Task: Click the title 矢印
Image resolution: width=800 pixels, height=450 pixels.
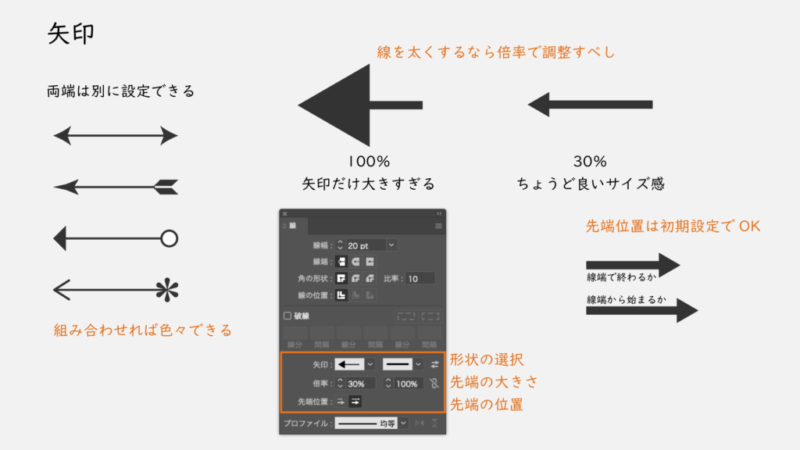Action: pos(71,34)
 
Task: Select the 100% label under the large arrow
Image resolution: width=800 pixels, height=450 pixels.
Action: pos(369,162)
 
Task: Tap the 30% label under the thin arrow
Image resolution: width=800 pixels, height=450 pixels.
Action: pos(590,162)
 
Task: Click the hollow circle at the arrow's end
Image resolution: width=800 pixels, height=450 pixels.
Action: pos(169,238)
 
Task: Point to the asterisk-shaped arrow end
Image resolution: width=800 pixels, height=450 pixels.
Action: pos(167,291)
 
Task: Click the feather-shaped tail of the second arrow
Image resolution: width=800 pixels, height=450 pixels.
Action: pos(166,187)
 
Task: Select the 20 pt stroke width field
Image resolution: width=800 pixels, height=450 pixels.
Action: pos(366,245)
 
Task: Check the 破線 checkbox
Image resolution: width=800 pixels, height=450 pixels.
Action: pos(287,316)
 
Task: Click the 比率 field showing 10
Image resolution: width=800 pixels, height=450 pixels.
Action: pos(420,279)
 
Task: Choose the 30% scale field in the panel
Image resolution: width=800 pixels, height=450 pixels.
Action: pos(360,384)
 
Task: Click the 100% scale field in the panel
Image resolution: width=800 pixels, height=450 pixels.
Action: pos(409,384)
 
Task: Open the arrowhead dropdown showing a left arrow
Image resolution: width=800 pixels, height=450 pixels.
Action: pos(355,364)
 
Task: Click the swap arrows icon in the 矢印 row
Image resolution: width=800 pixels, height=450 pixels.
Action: pos(434,364)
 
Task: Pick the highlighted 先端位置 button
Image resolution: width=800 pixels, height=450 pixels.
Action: pos(355,402)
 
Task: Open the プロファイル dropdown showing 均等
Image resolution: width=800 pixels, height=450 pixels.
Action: pos(371,423)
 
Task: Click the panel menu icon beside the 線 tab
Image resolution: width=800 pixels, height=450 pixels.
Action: pos(438,226)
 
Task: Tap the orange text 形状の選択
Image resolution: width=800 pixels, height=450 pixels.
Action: pos(486,359)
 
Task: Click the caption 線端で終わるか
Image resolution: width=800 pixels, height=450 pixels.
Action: pos(621,277)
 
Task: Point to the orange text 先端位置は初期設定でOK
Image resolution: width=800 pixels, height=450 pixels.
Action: pos(673,226)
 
